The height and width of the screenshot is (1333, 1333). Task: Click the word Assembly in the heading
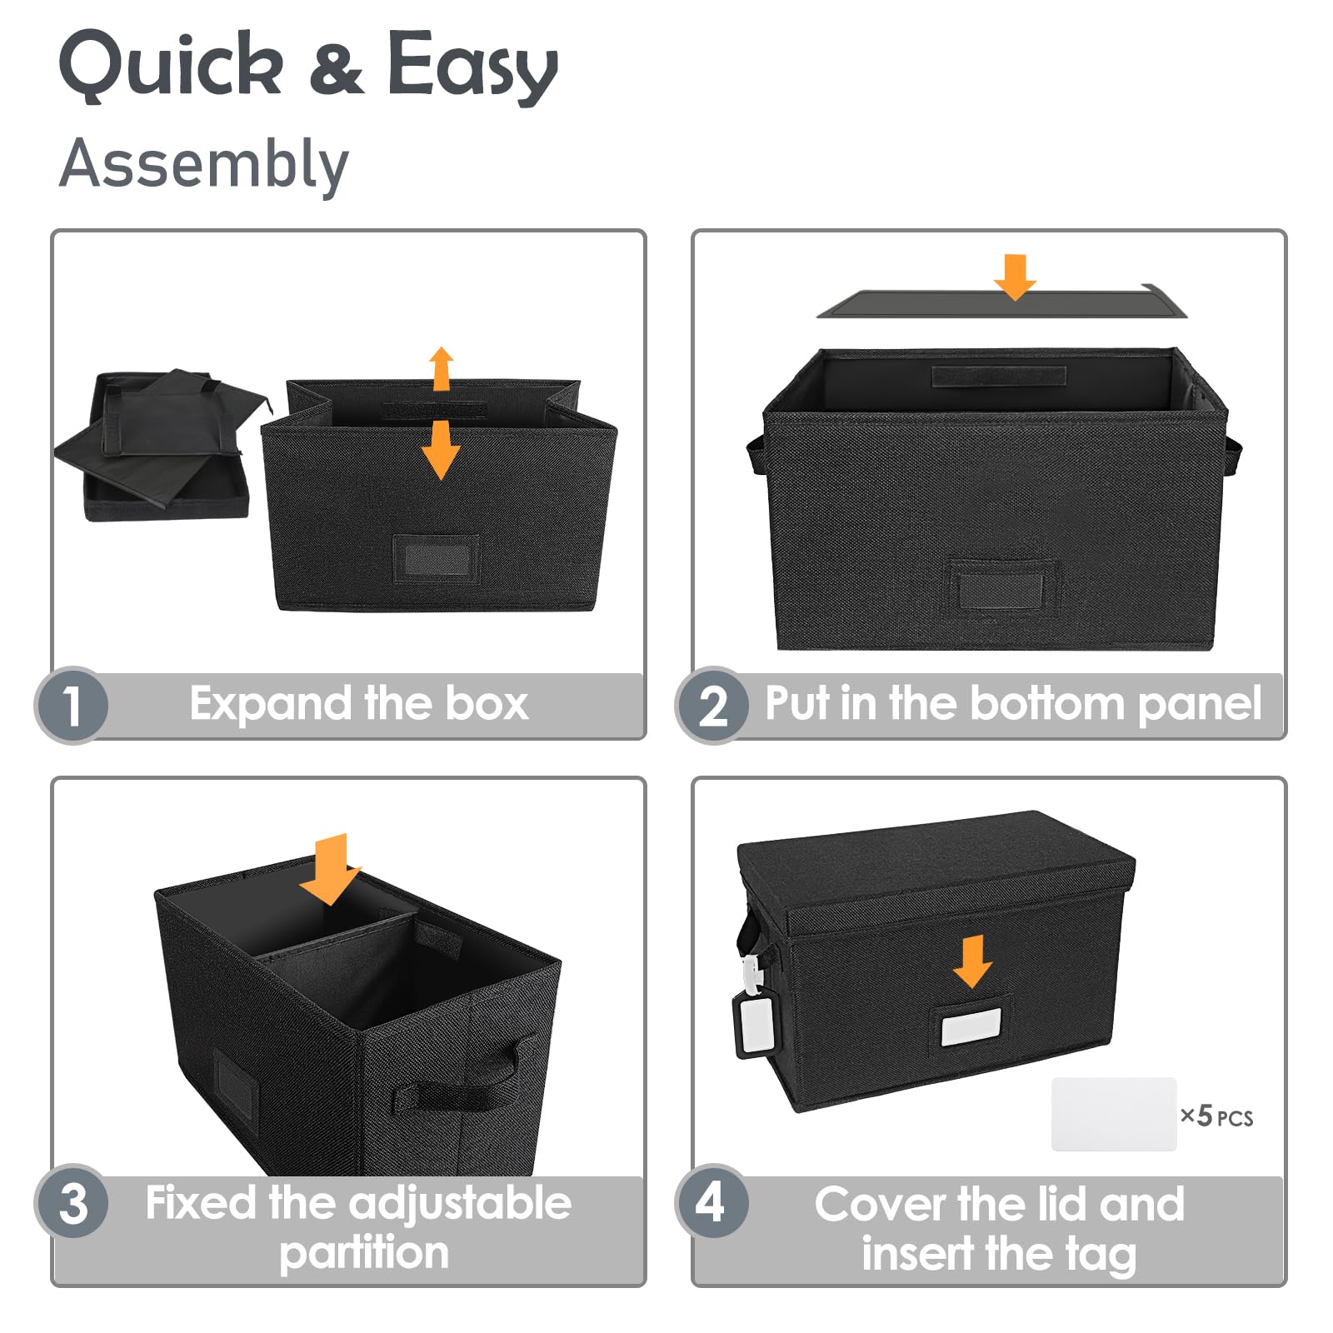(204, 164)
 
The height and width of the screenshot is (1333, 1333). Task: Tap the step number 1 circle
(72, 705)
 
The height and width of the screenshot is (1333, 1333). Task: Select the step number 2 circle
(713, 705)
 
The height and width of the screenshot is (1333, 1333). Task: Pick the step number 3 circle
(72, 1201)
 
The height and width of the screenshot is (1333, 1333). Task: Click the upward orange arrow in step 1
(442, 368)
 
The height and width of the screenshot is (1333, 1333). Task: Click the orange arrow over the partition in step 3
(331, 869)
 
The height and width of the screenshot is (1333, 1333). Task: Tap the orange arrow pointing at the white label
(972, 961)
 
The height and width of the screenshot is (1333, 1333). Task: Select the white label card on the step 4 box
(971, 1026)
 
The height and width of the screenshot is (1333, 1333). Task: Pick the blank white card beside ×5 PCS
(1114, 1115)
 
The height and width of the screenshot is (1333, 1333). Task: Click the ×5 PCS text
(1216, 1116)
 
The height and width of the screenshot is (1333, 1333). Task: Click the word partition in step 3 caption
(364, 1253)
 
